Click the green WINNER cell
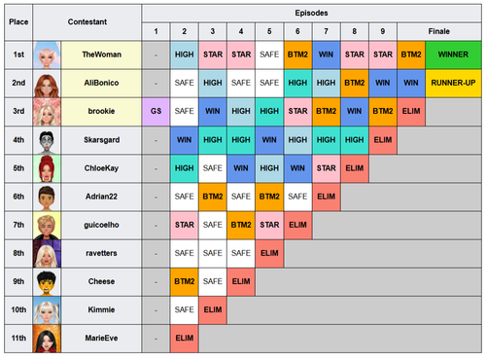pyautogui.click(x=453, y=54)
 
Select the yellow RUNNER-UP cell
pyautogui.click(x=453, y=83)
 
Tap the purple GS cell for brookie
pyautogui.click(x=156, y=111)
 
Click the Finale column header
pyautogui.click(x=439, y=31)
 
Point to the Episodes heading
pyautogui.click(x=311, y=13)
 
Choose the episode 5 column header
pyautogui.click(x=269, y=31)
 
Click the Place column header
pyautogui.click(x=18, y=22)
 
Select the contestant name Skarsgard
pyautogui.click(x=101, y=140)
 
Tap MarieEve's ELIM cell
pyautogui.click(x=185, y=339)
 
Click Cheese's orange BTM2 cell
pyautogui.click(x=185, y=281)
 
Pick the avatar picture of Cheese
pyautogui.click(x=47, y=281)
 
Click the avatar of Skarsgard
pyautogui.click(x=47, y=140)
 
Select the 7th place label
pyautogui.click(x=18, y=225)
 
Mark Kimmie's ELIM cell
pyautogui.click(x=213, y=309)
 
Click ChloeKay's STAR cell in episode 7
pyautogui.click(x=326, y=168)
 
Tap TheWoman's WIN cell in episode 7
pyautogui.click(x=326, y=54)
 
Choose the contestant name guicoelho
pyautogui.click(x=101, y=225)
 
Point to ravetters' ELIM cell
pyautogui.click(x=269, y=253)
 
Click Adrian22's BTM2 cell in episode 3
pyautogui.click(x=213, y=197)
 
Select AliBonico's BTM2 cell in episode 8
pyautogui.click(x=355, y=83)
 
